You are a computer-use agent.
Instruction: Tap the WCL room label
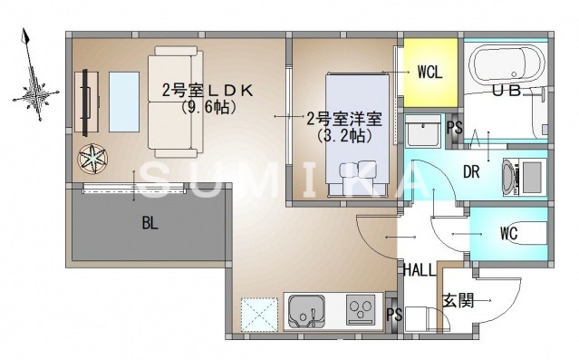click(x=429, y=73)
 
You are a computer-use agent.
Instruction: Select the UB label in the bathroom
click(x=507, y=92)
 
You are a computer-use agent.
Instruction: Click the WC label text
click(x=508, y=232)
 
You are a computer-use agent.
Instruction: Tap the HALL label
click(x=419, y=270)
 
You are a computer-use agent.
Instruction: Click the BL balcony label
click(x=150, y=223)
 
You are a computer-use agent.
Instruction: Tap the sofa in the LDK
click(x=177, y=100)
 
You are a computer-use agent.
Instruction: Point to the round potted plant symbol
click(x=92, y=160)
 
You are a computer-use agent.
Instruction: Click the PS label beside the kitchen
click(x=393, y=316)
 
